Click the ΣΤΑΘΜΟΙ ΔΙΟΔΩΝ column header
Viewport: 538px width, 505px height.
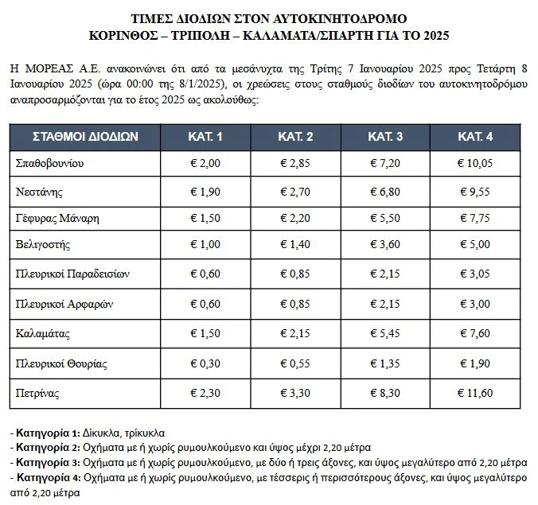(x=85, y=136)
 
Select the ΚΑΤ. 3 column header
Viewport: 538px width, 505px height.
(x=385, y=136)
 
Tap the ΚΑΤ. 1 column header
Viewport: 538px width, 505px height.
(x=205, y=136)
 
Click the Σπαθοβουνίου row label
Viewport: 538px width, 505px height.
(x=50, y=163)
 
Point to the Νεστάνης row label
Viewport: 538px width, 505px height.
(x=39, y=192)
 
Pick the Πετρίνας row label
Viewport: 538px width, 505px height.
(x=37, y=393)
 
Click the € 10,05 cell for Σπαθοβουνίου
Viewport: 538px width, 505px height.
(x=476, y=163)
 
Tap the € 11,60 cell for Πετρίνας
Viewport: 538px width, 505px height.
(x=476, y=393)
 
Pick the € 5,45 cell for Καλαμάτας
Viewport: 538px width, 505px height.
(x=385, y=335)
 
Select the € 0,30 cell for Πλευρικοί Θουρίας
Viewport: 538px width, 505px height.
(x=205, y=364)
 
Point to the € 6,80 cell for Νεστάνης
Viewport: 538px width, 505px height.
(x=385, y=192)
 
